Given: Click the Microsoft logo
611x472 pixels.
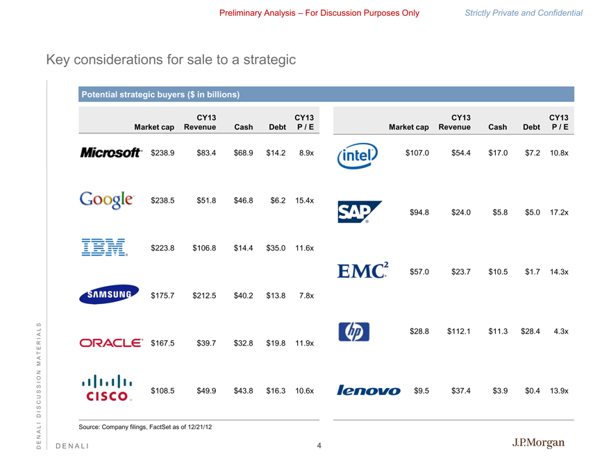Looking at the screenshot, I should [x=111, y=153].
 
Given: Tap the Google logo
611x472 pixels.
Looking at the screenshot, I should [x=106, y=200].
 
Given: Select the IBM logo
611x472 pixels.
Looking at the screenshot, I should [x=104, y=247].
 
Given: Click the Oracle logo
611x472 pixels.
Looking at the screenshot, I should [x=111, y=343].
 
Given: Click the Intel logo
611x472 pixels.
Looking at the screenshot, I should [x=358, y=156].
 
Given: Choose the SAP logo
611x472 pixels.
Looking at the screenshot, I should [x=359, y=212].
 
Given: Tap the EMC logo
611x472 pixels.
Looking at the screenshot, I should [x=362, y=271].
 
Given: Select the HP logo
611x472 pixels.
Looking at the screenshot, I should [x=354, y=332].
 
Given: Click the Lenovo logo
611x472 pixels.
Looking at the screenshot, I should [x=369, y=391].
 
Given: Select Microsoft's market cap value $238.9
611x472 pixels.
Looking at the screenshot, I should [x=162, y=153].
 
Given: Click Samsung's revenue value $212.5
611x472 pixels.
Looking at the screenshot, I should [x=204, y=296].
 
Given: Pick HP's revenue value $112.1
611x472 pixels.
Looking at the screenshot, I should [x=459, y=332].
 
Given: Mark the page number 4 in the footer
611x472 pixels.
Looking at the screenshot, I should [x=319, y=445].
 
